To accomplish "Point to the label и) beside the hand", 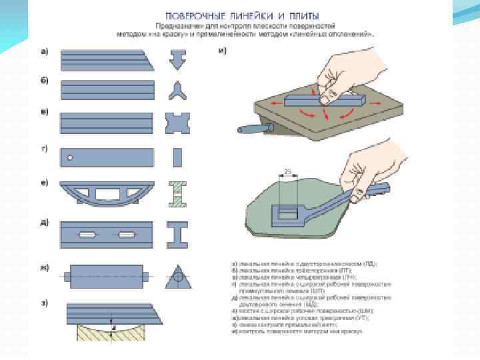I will pyautogui.click(x=223, y=52).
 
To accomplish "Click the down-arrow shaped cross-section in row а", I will pyautogui.click(x=177, y=60).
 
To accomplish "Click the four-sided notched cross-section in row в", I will pyautogui.click(x=177, y=124).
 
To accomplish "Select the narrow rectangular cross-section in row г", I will pyautogui.click(x=177, y=158).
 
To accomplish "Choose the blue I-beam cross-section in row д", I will pyautogui.click(x=177, y=235).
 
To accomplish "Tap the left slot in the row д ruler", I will pyautogui.click(x=87, y=235).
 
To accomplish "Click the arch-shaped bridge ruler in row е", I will pyautogui.click(x=107, y=193).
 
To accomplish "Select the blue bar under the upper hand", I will pyautogui.click(x=325, y=100).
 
